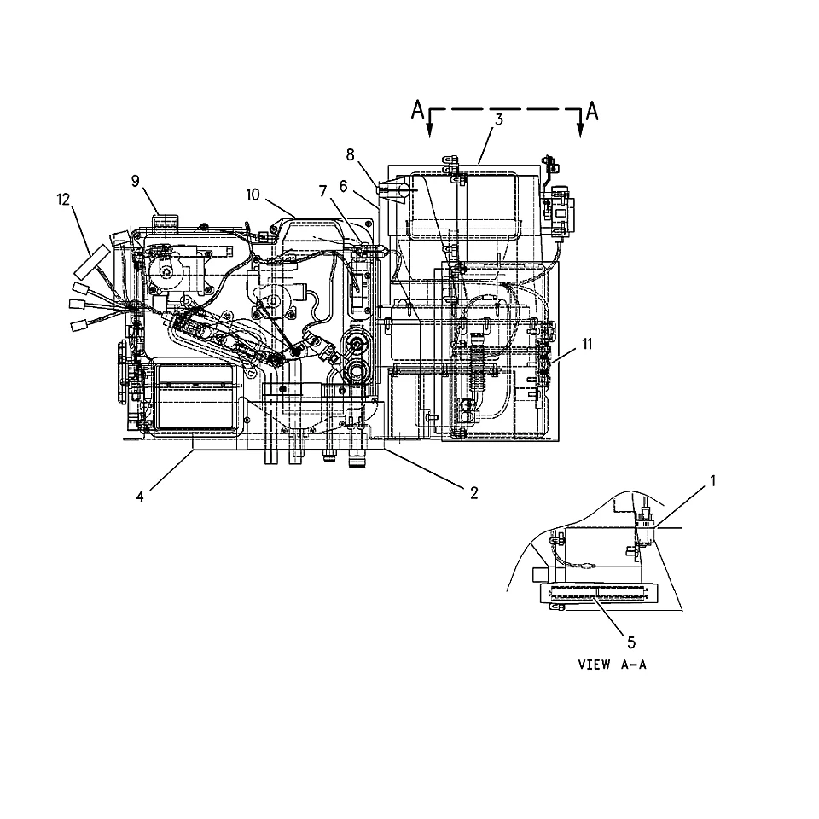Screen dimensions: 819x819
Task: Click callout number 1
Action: click(712, 481)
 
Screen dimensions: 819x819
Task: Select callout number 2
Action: click(473, 493)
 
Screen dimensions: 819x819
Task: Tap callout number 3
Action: click(499, 120)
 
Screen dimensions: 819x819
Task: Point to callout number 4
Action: click(139, 497)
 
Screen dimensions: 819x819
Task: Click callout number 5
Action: click(631, 643)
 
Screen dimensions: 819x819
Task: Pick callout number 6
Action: click(343, 187)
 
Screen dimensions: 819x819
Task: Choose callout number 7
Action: click(322, 192)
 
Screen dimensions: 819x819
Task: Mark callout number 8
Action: click(350, 155)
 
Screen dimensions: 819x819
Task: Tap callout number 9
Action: click(136, 181)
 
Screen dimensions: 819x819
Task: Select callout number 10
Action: click(253, 195)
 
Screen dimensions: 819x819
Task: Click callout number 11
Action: click(587, 344)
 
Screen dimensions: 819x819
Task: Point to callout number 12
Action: click(63, 200)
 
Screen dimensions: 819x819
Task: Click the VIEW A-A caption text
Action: click(613, 665)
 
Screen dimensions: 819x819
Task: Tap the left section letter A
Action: click(417, 110)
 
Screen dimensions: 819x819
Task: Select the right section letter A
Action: click(592, 111)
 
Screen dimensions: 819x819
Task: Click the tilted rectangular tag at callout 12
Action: click(92, 262)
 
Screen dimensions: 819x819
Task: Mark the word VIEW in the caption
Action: click(594, 665)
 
